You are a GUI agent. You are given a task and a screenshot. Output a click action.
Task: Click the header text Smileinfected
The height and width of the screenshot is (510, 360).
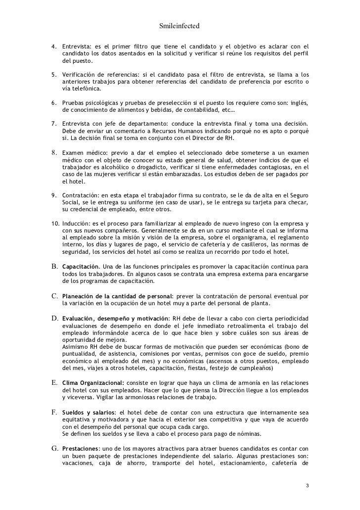[180, 24]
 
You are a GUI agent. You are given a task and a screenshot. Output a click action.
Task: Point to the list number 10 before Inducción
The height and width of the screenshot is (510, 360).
[55, 224]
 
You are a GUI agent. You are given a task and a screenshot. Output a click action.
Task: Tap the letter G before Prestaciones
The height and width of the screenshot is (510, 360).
[55, 448]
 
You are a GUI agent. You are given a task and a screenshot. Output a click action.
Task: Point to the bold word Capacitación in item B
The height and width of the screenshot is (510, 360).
[81, 267]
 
